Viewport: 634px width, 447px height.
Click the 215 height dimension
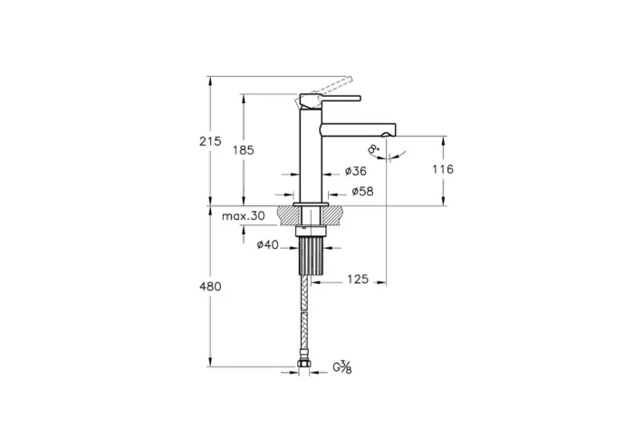point(210,141)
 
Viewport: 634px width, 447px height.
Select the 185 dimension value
point(243,150)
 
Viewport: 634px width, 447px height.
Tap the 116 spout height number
point(443,169)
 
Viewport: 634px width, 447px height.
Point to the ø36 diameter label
point(356,172)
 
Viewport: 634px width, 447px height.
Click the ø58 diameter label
point(362,192)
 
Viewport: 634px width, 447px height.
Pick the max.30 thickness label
point(244,216)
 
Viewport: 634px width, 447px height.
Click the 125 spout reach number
point(357,281)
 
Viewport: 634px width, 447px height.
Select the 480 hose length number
point(210,286)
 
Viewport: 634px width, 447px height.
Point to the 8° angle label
point(373,151)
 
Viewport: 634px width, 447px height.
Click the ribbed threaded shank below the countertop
point(312,256)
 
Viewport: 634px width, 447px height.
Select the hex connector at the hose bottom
point(305,366)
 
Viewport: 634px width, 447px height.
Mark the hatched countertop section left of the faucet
point(289,216)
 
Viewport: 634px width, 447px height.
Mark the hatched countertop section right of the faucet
point(335,216)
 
